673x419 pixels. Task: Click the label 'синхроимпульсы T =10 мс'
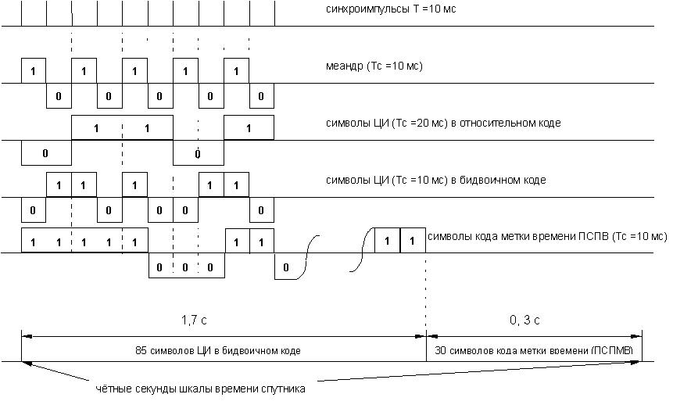391,9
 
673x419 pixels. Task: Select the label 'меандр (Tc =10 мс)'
374,66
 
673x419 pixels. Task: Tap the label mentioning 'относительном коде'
443,124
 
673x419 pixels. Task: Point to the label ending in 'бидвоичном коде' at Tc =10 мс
435,181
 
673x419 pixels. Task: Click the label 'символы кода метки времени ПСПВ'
547,237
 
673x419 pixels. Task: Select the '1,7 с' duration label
194,321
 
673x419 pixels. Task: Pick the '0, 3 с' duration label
524,321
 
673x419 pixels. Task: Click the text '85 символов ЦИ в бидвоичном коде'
217,351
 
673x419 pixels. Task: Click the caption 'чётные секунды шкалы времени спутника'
200,389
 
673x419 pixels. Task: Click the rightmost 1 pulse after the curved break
413,241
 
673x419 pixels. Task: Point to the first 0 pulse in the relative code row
46,153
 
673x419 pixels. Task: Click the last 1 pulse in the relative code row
249,128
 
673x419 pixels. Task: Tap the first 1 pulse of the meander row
34,71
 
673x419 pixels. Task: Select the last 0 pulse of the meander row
261,95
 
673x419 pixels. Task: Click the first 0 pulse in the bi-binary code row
34,210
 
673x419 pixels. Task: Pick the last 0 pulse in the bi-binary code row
261,210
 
